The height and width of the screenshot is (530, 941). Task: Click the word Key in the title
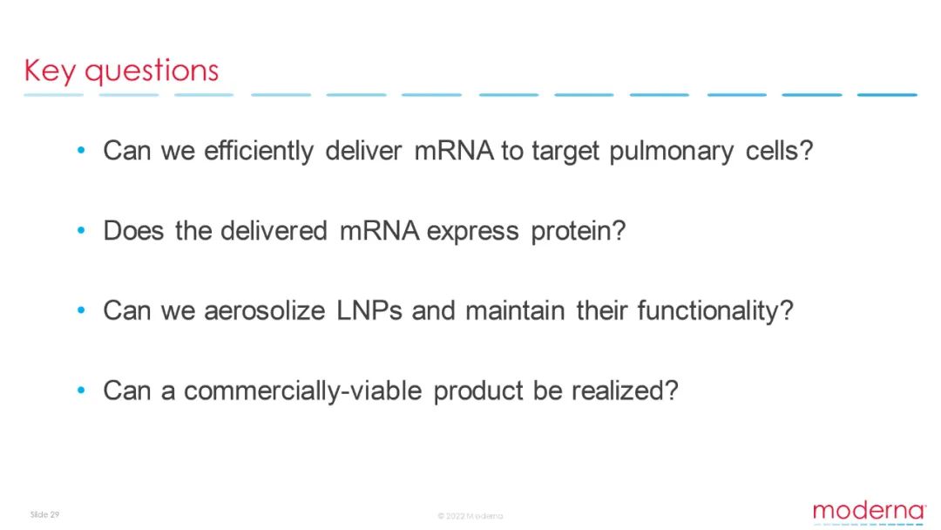click(x=50, y=71)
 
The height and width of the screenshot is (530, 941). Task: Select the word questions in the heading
click(x=152, y=71)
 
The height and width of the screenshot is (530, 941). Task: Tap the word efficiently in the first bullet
click(x=259, y=151)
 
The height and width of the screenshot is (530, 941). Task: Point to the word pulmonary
click(x=671, y=151)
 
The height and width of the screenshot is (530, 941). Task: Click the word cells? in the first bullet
click(x=779, y=150)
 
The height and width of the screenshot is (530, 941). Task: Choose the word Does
click(x=133, y=230)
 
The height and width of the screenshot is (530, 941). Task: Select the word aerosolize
click(x=265, y=310)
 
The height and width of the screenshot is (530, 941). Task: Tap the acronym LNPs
click(x=369, y=310)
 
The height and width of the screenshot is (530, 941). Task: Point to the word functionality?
click(x=715, y=311)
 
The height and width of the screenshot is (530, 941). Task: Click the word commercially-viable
click(x=303, y=391)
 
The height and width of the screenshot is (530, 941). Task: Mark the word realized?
click(x=625, y=391)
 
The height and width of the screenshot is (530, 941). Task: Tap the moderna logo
click(x=870, y=513)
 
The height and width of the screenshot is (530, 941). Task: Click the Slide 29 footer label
click(x=44, y=514)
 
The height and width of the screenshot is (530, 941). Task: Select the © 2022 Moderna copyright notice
click(x=470, y=515)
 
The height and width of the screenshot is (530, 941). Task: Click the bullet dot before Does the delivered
click(x=82, y=230)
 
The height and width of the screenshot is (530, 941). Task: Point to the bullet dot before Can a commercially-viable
click(x=82, y=391)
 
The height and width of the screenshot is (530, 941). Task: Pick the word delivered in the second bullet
click(x=274, y=230)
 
